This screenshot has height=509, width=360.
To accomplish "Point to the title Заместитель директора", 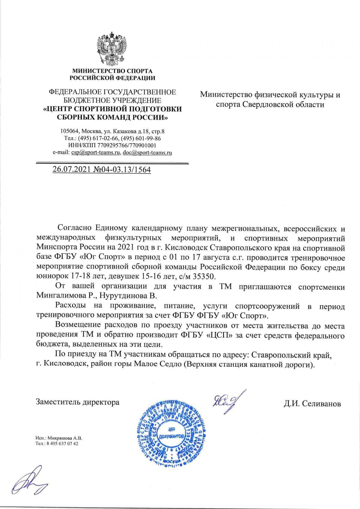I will [77, 402].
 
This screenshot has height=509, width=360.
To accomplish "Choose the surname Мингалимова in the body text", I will [61, 295].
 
